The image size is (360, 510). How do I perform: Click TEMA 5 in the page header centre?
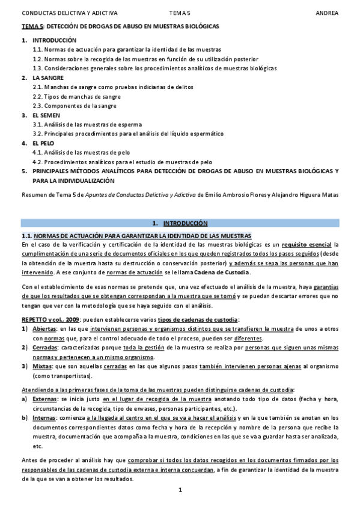180,12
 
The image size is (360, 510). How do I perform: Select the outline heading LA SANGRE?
45,78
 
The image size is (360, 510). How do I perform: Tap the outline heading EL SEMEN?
44,115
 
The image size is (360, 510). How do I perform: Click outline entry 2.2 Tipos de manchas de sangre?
76,96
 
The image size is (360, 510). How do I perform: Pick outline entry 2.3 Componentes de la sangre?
75,106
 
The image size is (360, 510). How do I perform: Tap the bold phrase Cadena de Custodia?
222,272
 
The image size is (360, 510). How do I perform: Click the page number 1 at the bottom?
180,491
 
